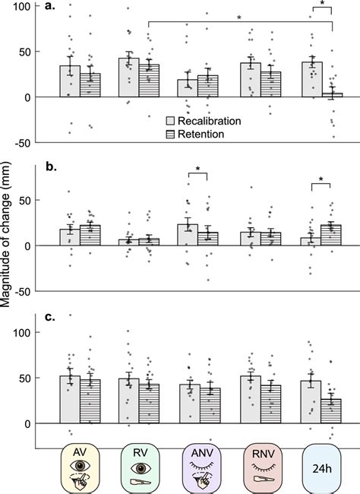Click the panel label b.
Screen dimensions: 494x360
(x=48, y=162)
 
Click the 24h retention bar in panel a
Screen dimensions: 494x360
(x=333, y=95)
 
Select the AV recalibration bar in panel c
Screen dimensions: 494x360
(x=70, y=400)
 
